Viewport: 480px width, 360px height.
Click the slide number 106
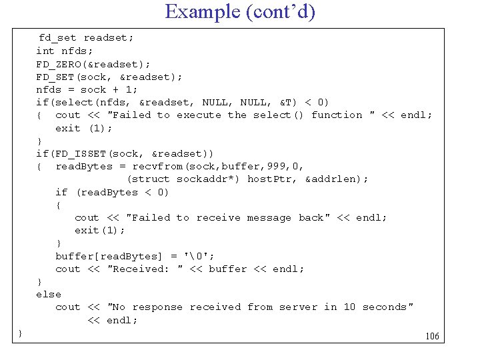(x=433, y=336)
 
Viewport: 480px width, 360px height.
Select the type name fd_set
(x=58, y=38)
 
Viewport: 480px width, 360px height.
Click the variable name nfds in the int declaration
(x=77, y=51)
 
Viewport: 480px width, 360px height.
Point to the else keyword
(x=49, y=294)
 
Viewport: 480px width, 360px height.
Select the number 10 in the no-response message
(x=349, y=307)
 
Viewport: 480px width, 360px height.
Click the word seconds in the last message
(x=386, y=307)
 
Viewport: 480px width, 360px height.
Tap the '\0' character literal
(x=202, y=256)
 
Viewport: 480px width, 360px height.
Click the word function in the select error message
(x=337, y=115)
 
